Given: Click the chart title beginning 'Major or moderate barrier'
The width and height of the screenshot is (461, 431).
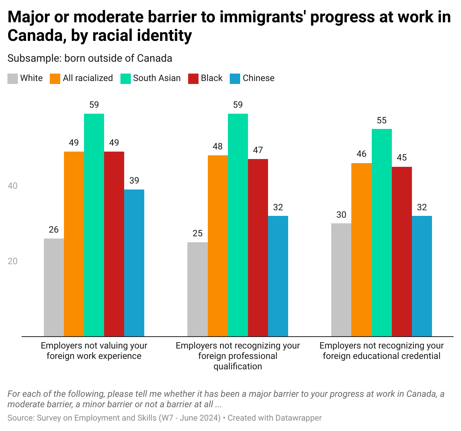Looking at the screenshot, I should pos(229,26).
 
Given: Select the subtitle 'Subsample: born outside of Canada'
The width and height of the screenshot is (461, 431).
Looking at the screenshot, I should pos(90,58).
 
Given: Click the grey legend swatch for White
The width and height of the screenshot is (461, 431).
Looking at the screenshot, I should pos(13,78).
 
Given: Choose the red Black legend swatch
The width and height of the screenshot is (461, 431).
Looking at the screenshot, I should pos(193,78).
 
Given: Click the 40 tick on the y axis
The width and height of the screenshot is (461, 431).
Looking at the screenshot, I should pos(13,186).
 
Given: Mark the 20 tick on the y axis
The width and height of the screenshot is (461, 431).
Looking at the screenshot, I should pos(13,261).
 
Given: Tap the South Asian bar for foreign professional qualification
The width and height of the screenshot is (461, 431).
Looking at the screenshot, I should pos(238,225).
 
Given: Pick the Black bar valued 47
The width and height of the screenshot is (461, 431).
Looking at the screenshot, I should pos(258,247).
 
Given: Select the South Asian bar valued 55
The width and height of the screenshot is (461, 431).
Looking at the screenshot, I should pos(382,233).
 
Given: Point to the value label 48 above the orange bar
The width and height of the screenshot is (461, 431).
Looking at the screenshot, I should pos(218,147).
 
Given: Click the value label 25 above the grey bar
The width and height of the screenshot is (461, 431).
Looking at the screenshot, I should pos(197,233).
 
